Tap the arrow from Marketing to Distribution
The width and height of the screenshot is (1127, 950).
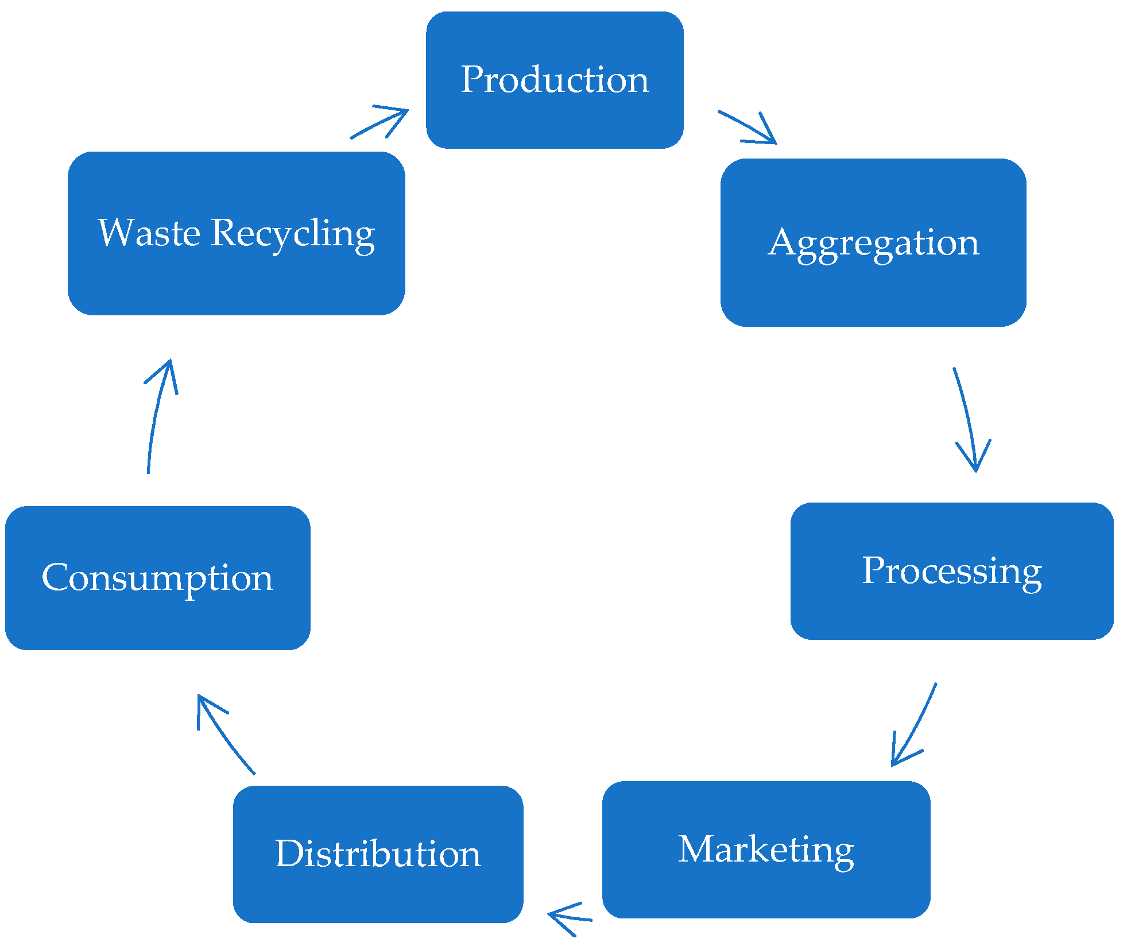(x=568, y=917)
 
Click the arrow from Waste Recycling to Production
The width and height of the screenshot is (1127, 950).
(x=379, y=123)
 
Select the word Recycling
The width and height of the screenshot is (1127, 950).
(x=293, y=234)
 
